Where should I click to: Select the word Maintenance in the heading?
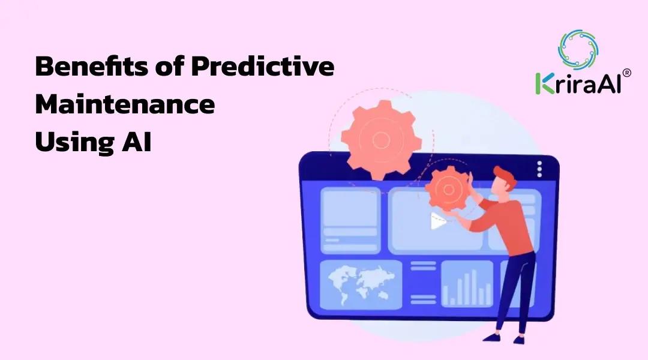(x=125, y=105)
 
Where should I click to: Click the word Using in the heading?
(x=70, y=143)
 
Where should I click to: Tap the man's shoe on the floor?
(x=492, y=337)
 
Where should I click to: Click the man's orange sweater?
(x=510, y=225)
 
